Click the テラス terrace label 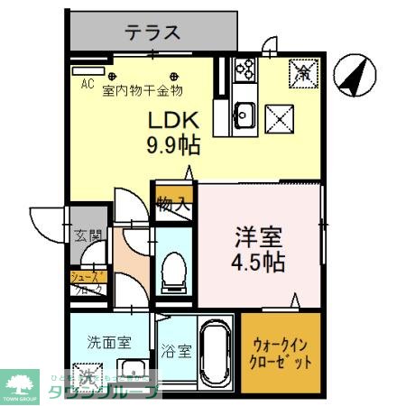coord(152,32)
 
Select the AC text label coord(88,85)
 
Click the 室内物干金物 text coord(143,89)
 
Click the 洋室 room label coord(258,237)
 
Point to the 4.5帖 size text coord(259,263)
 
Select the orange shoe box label coord(88,283)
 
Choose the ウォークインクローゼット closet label coord(281,352)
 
